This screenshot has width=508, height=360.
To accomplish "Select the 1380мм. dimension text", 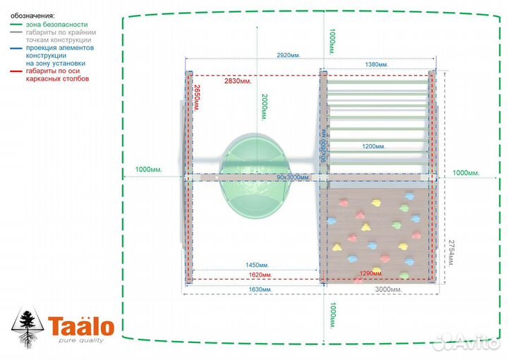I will pyautogui.click(x=377, y=64).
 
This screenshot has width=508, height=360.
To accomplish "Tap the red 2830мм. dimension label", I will pyautogui.click(x=237, y=81).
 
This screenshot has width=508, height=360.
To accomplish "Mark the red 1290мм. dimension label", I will pyautogui.click(x=370, y=272).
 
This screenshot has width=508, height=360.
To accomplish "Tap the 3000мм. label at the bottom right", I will pyautogui.click(x=388, y=289).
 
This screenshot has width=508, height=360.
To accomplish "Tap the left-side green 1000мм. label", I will pyautogui.click(x=149, y=169).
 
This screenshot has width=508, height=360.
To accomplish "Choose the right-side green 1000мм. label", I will pyautogui.click(x=466, y=173).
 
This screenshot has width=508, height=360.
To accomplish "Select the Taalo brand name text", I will pyautogui.click(x=81, y=328).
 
